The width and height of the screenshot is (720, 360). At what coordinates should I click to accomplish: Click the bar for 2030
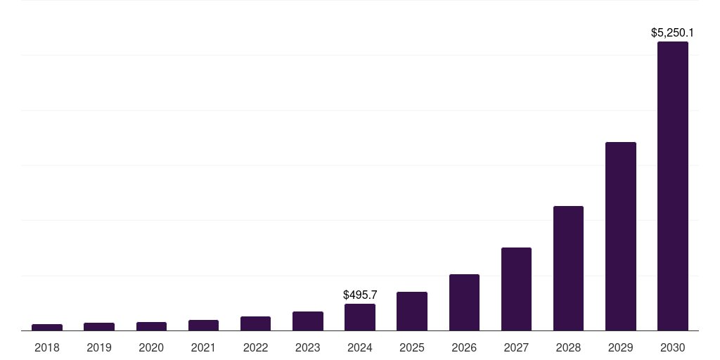[x=672, y=186]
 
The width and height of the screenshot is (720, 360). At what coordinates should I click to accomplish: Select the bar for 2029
[x=620, y=236]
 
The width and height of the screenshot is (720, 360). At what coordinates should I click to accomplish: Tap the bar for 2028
[x=568, y=268]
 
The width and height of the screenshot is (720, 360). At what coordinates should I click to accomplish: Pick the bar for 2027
[x=516, y=289]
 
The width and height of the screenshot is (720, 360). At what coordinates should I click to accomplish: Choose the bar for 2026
[x=464, y=302]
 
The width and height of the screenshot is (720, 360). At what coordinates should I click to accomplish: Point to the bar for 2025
[x=412, y=311]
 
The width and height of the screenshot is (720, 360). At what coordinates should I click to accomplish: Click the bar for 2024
[x=360, y=317]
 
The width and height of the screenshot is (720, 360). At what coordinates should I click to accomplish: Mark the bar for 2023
[x=308, y=321]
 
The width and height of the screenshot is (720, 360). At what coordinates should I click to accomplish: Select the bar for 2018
[x=47, y=327]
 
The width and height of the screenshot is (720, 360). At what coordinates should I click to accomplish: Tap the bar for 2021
[x=203, y=325]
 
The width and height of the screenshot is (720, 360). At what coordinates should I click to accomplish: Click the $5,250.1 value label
[x=672, y=32]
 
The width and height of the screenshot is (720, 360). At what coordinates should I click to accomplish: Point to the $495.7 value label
[x=360, y=295]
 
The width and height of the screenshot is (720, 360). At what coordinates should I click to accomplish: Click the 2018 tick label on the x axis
[x=47, y=347]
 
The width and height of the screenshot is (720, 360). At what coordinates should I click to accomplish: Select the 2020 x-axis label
[x=151, y=347]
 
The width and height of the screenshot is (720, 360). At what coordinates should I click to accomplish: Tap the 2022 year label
[x=255, y=347]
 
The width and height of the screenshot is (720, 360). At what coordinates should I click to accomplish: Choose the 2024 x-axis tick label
[x=360, y=347]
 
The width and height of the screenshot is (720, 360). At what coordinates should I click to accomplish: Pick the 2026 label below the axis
[x=464, y=347]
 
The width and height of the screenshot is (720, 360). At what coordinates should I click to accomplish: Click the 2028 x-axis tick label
[x=568, y=347]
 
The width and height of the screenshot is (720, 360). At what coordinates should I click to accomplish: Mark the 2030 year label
[x=672, y=347]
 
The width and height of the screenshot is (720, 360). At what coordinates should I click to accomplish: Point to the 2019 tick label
[x=99, y=347]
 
